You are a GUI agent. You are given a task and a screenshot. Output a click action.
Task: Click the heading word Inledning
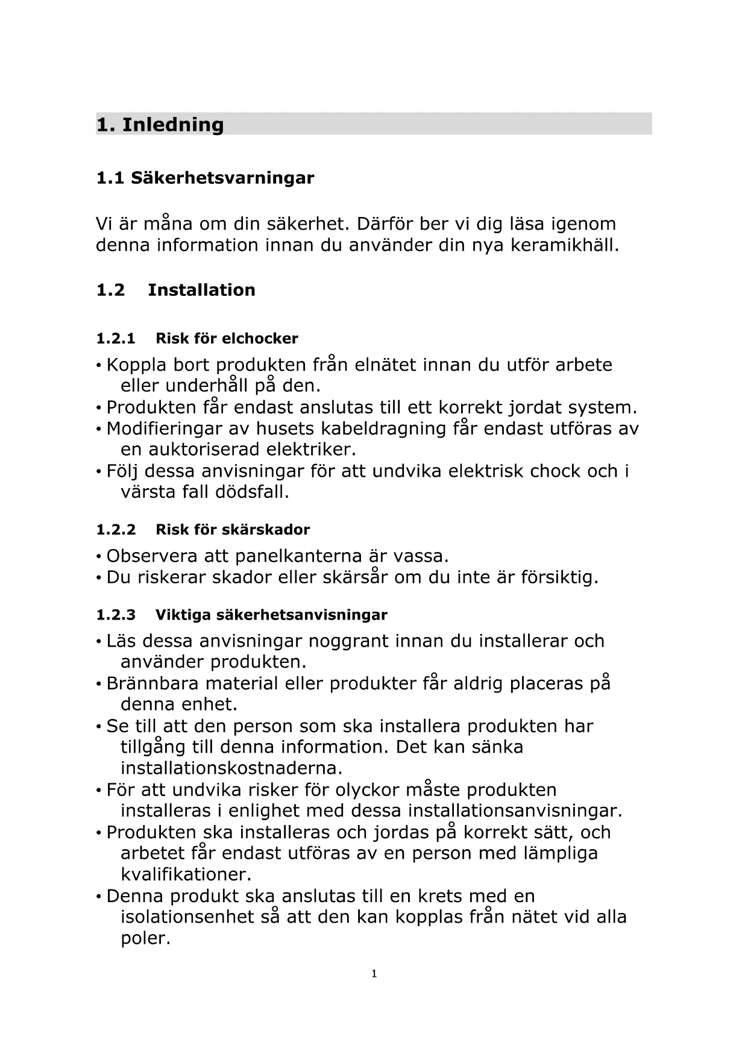172,125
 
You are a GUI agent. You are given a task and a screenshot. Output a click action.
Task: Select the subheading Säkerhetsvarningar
222,178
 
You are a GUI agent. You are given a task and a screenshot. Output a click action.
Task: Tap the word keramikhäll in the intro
564,246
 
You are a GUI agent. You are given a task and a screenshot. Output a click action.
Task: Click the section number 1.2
110,290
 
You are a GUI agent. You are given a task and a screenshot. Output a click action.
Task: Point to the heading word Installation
201,290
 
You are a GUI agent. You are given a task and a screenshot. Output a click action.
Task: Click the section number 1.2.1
115,339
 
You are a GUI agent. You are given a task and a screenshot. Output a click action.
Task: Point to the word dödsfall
252,492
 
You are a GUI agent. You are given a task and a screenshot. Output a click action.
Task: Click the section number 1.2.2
116,530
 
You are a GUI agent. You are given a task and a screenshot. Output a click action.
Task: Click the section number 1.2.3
116,615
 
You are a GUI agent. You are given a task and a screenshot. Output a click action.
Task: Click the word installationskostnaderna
231,769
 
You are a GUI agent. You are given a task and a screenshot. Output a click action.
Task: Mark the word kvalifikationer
186,875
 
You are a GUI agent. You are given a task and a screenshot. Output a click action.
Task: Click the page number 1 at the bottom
374,974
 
